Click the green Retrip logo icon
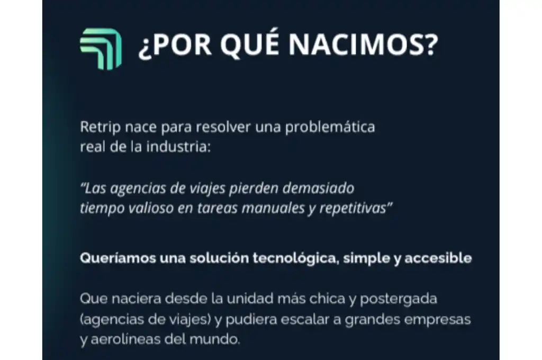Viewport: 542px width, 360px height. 101,49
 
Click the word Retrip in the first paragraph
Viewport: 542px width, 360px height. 96,128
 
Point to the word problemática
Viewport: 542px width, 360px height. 330,128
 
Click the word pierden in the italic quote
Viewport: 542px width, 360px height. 257,188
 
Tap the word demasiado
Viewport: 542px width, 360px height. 318,188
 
